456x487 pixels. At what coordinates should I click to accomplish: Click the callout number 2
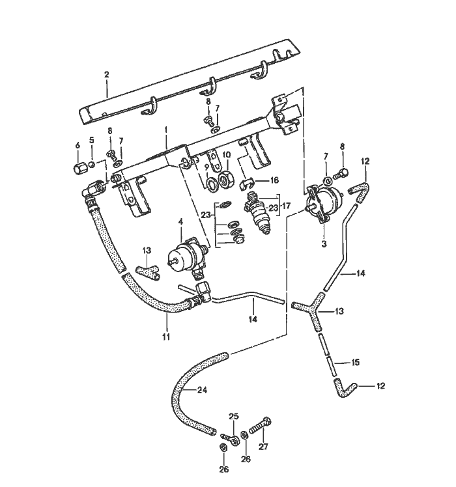point(107,76)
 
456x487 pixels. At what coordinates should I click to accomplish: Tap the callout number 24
point(202,391)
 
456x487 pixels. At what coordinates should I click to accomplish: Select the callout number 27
point(264,447)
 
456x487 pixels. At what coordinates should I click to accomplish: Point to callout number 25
point(233,415)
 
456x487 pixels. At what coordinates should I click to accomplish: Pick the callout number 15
point(355,362)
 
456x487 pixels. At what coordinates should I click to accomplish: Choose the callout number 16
point(274,180)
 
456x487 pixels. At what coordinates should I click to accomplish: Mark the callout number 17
point(285,207)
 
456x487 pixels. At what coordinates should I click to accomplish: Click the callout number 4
point(180,221)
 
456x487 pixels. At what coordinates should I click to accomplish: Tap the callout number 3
point(324,243)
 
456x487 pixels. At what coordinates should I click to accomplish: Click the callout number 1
point(166,130)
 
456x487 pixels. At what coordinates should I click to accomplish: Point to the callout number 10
point(227,155)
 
